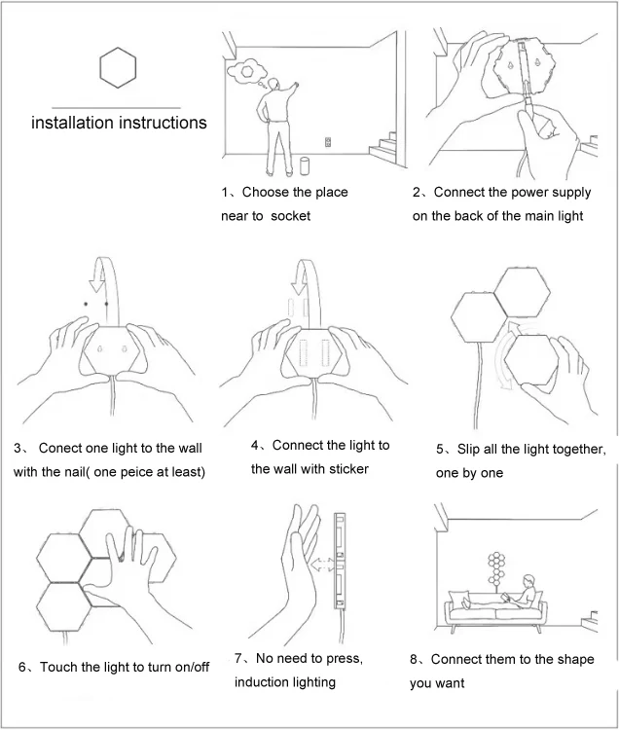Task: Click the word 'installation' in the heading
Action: point(72,123)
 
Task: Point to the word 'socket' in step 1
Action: point(291,215)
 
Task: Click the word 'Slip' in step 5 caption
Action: point(466,449)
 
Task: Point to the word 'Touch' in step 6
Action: point(59,667)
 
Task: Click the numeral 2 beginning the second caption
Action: point(417,192)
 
